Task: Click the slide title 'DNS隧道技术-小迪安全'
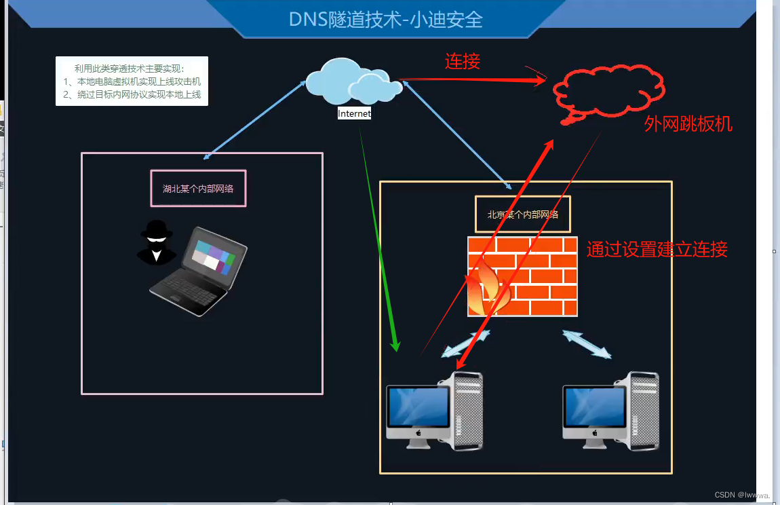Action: pos(385,19)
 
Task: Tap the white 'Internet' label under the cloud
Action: pos(355,114)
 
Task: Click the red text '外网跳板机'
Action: pos(688,124)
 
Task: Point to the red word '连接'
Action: pos(463,62)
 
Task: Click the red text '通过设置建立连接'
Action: pos(657,249)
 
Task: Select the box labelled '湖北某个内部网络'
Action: pos(198,189)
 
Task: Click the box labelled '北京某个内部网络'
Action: pos(523,214)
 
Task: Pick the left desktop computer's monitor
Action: pos(418,407)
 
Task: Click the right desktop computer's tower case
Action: pos(640,410)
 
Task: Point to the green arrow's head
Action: pos(396,345)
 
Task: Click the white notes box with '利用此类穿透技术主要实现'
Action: pos(132,81)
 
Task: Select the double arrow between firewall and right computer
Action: pos(587,344)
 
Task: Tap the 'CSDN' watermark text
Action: pos(725,495)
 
